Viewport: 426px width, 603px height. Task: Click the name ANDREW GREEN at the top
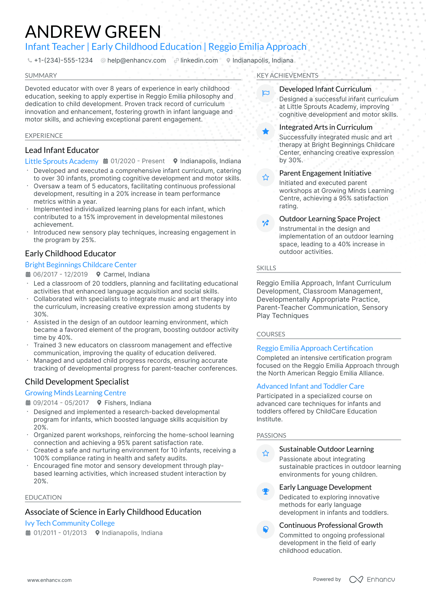[x=93, y=32]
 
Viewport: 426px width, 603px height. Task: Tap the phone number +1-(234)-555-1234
[x=63, y=60]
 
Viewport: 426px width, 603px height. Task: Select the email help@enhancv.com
[x=136, y=60]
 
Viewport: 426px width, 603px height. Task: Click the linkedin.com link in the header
[x=199, y=60]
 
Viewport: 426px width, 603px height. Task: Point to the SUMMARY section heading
[x=41, y=76]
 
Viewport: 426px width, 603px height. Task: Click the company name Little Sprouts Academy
[x=62, y=161]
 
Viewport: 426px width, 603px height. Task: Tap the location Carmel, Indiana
[x=126, y=274]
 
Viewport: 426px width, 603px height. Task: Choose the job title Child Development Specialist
[x=77, y=382]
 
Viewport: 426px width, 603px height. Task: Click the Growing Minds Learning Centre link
[x=76, y=393]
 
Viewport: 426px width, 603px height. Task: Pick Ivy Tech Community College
[x=70, y=523]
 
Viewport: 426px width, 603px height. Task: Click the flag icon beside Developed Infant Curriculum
[x=266, y=93]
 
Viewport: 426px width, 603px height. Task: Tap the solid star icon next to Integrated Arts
[x=266, y=131]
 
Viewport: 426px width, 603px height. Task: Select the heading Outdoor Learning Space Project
[x=329, y=219]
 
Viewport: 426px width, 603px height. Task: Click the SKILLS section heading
[x=266, y=268]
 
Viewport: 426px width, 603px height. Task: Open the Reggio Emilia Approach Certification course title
[x=315, y=348]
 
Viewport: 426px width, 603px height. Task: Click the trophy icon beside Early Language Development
[x=266, y=491]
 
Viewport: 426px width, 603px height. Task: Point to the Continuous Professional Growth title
[x=331, y=525]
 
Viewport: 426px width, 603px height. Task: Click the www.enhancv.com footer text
[x=49, y=580]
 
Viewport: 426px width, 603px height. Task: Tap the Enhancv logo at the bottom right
[x=372, y=579]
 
